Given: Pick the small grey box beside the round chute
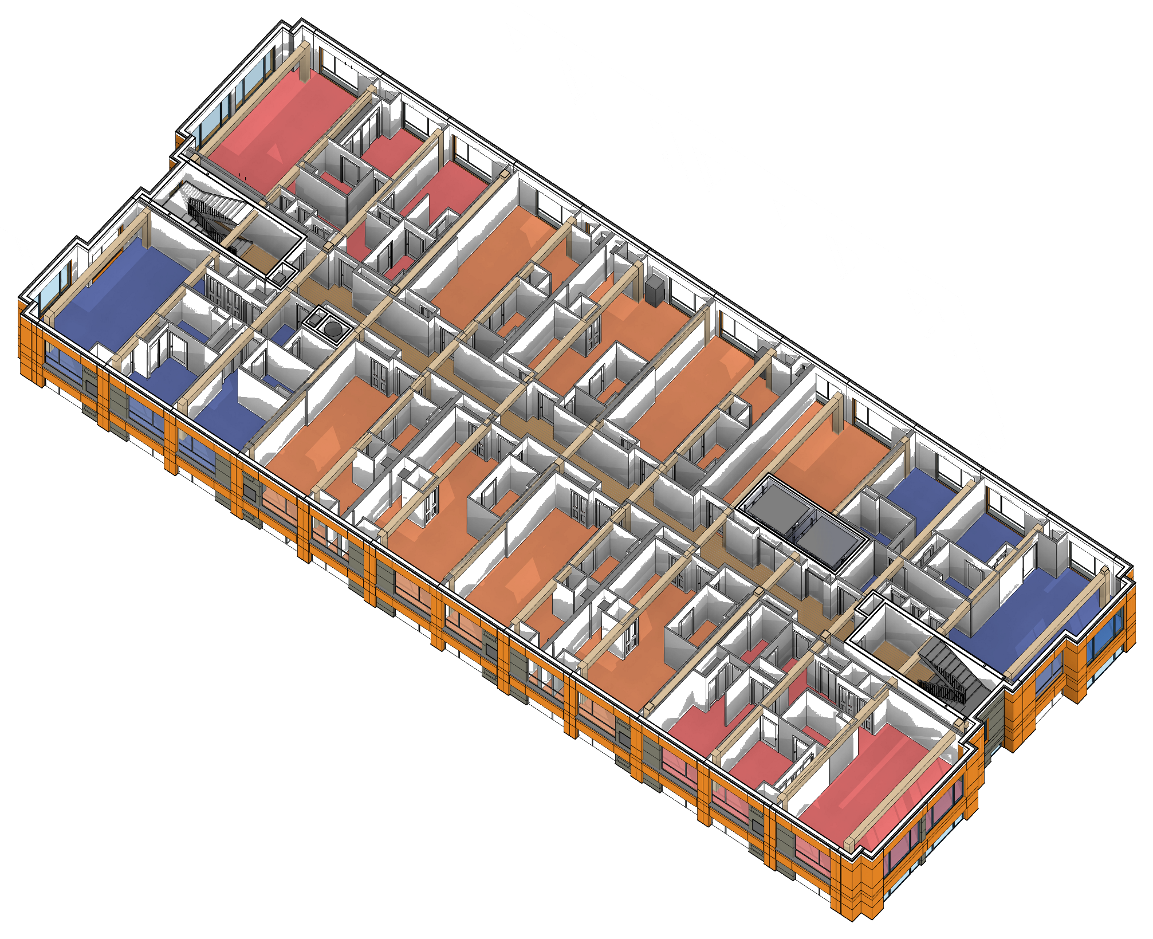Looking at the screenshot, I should tap(316, 316).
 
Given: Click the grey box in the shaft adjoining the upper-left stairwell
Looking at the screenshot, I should tap(280, 278).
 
